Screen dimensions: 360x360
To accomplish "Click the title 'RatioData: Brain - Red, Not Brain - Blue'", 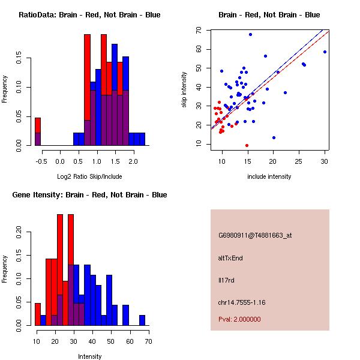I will [x=89, y=15].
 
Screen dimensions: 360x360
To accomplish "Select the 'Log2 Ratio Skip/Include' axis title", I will [x=89, y=176].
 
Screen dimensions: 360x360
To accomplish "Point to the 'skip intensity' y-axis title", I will [x=185, y=90].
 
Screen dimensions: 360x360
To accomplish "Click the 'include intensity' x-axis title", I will [x=269, y=176].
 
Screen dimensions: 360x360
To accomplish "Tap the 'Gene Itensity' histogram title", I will [x=89, y=195].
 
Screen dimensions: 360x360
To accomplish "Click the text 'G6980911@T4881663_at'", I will [x=255, y=236].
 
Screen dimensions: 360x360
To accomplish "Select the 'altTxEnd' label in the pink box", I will [x=230, y=258].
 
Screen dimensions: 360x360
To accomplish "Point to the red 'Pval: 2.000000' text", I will [x=239, y=319].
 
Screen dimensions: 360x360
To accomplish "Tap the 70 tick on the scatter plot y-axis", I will [x=199, y=29].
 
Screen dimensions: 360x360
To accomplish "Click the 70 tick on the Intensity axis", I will [x=148, y=341].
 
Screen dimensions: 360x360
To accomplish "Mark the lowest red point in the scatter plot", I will [x=247, y=145].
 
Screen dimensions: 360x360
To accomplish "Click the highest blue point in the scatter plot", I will [x=250, y=34].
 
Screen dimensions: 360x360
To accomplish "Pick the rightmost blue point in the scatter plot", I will [x=325, y=52].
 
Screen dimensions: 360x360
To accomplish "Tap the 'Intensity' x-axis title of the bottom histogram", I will [x=90, y=356].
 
